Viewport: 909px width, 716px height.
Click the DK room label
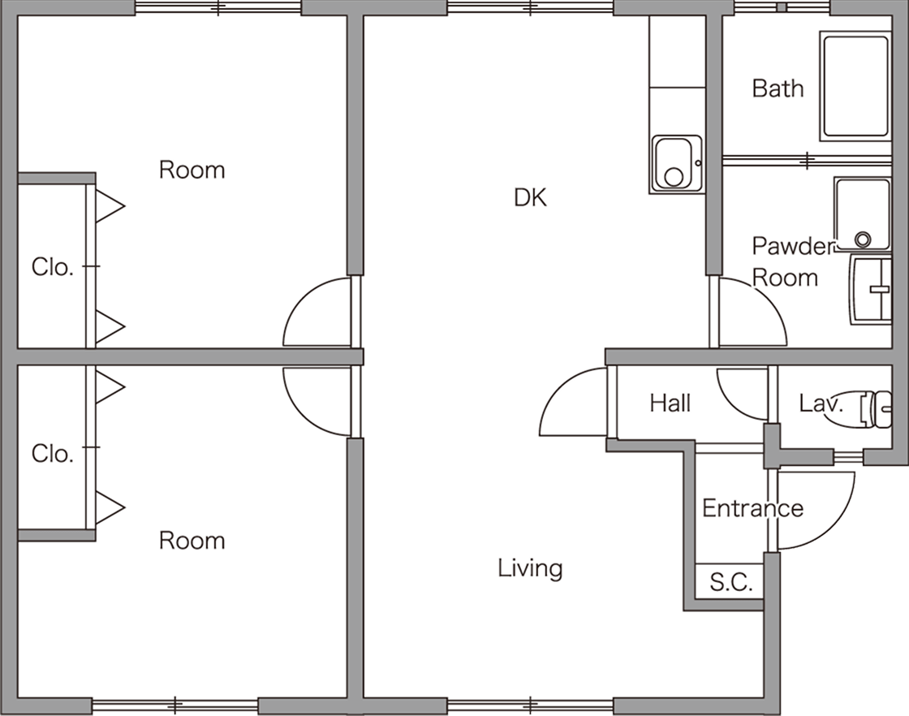[530, 198]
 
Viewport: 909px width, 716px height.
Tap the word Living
[530, 568]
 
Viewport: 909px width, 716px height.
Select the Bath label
[778, 88]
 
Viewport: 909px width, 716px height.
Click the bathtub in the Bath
[855, 86]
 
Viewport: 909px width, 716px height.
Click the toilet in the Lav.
[876, 409]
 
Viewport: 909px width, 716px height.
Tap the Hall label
[670, 403]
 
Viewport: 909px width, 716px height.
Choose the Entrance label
[752, 508]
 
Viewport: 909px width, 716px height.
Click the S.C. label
[731, 581]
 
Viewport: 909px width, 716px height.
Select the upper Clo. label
[52, 267]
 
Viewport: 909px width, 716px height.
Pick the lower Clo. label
[52, 453]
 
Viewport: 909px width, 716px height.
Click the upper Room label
[192, 170]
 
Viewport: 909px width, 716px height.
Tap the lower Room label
[192, 541]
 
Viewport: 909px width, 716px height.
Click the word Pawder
[792, 247]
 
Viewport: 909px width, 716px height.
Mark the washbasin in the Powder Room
[870, 289]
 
